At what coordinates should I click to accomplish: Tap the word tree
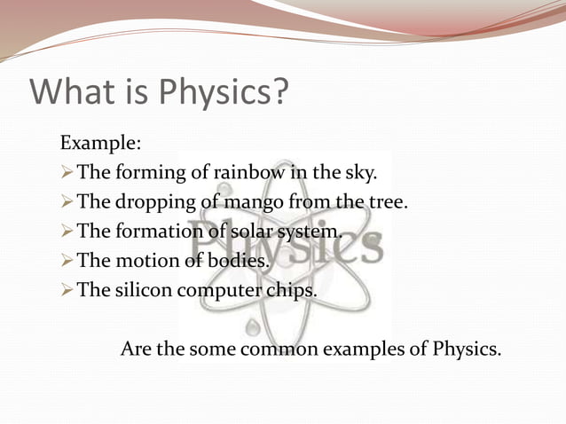[388, 201]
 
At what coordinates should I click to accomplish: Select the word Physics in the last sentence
[467, 349]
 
